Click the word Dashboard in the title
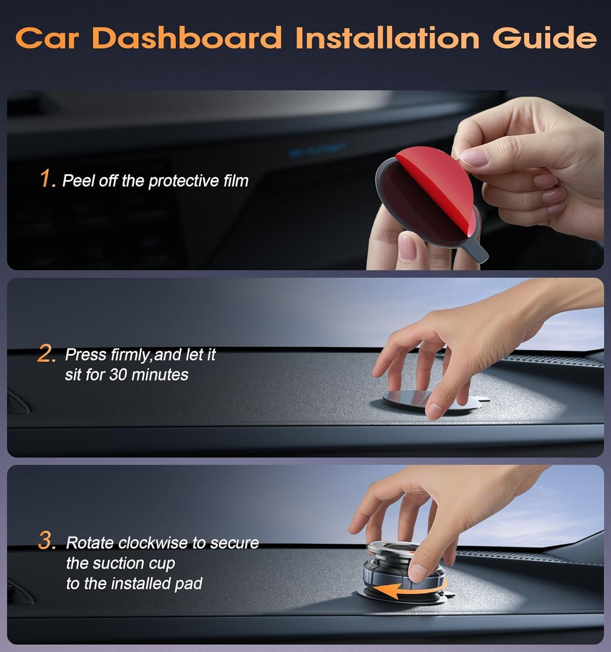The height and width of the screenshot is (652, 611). click(187, 38)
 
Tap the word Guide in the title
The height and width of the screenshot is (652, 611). click(544, 38)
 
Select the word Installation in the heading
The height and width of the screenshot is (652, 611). click(387, 38)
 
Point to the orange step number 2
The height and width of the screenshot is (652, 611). click(46, 354)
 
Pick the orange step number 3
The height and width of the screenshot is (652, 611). click(46, 542)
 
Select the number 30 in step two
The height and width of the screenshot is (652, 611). click(117, 374)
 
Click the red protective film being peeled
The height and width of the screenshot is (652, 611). click(435, 174)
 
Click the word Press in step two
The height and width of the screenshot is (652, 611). click(86, 355)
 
